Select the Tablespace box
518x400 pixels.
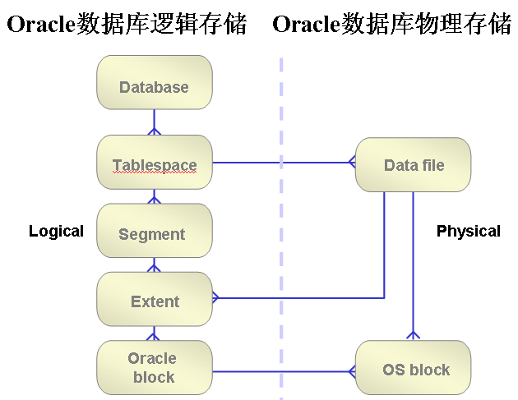tap(155, 163)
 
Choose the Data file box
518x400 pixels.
tap(413, 165)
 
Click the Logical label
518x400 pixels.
tap(56, 231)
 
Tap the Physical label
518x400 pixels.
tap(468, 231)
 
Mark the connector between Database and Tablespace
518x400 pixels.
tap(155, 122)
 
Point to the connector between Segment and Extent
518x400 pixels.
tap(155, 265)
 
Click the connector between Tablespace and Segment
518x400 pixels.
tap(155, 197)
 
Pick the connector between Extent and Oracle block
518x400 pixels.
tap(155, 333)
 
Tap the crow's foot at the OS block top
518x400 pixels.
tap(413, 335)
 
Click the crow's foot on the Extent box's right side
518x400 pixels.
tap(217, 297)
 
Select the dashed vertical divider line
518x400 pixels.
tap(281, 246)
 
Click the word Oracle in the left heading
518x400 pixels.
tap(40, 25)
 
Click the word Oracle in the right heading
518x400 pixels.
tap(306, 25)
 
